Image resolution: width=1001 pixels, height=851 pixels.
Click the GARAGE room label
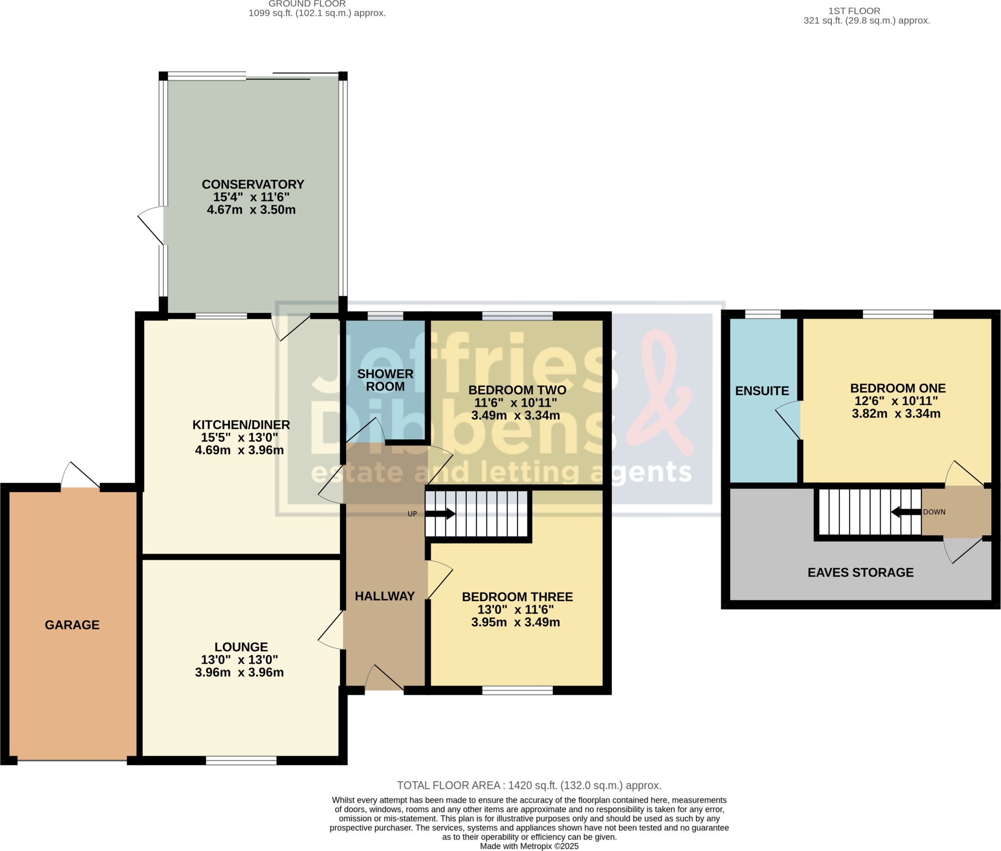click(72, 625)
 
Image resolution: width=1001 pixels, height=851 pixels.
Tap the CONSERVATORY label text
click(253, 184)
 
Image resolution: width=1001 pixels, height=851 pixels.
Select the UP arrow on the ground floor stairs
click(440, 514)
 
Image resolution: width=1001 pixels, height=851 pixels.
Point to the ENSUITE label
click(762, 391)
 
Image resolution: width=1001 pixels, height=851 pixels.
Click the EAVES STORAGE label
click(860, 572)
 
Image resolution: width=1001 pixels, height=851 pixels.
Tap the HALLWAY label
click(384, 596)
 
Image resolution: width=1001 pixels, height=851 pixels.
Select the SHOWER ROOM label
click(385, 380)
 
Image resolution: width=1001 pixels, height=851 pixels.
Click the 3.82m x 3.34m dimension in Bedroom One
click(896, 414)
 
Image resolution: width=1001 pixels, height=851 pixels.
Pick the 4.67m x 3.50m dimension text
click(251, 210)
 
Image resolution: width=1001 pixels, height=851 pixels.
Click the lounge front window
click(241, 761)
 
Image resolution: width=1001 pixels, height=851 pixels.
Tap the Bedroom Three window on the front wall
click(517, 690)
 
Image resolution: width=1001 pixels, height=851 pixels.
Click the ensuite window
click(762, 314)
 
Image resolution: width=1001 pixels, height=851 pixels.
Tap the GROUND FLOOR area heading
click(307, 4)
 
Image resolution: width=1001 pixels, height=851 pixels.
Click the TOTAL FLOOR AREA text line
click(529, 785)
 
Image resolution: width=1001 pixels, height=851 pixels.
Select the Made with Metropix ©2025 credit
click(529, 846)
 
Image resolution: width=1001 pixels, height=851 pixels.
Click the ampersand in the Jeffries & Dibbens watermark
click(660, 391)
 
